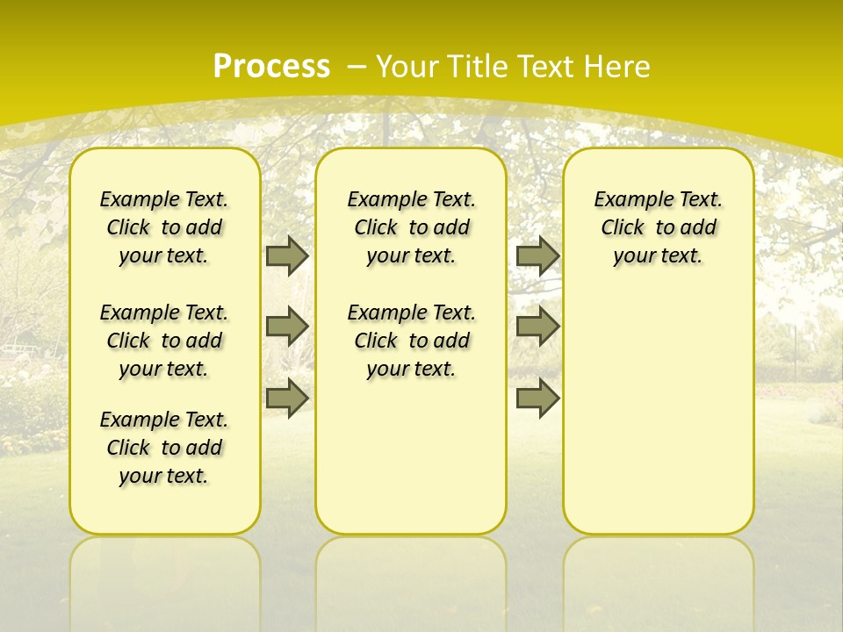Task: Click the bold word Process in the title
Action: (x=271, y=66)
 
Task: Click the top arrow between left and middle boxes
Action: (x=287, y=256)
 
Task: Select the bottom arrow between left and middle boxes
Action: (x=287, y=399)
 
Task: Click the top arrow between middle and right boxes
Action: (x=537, y=256)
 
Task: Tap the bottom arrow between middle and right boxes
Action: (x=537, y=399)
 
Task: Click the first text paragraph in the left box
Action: (x=164, y=227)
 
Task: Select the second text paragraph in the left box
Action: (x=164, y=341)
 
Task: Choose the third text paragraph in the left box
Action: (x=164, y=448)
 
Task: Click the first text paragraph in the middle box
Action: (x=411, y=227)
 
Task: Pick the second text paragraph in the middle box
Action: (x=411, y=341)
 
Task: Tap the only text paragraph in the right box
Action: (x=658, y=227)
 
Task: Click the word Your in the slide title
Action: (x=407, y=66)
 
